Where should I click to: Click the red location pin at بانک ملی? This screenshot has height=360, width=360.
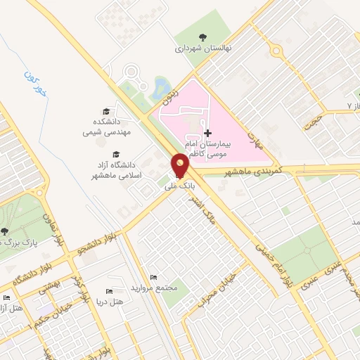click(181, 165)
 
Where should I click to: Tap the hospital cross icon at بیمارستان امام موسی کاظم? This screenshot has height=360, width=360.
click(207, 133)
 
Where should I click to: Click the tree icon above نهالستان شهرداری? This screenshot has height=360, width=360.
click(203, 38)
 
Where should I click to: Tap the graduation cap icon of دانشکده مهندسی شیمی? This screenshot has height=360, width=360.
click(106, 112)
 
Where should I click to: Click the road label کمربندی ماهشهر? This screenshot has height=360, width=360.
click(252, 172)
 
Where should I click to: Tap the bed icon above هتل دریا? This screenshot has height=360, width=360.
click(108, 291)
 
